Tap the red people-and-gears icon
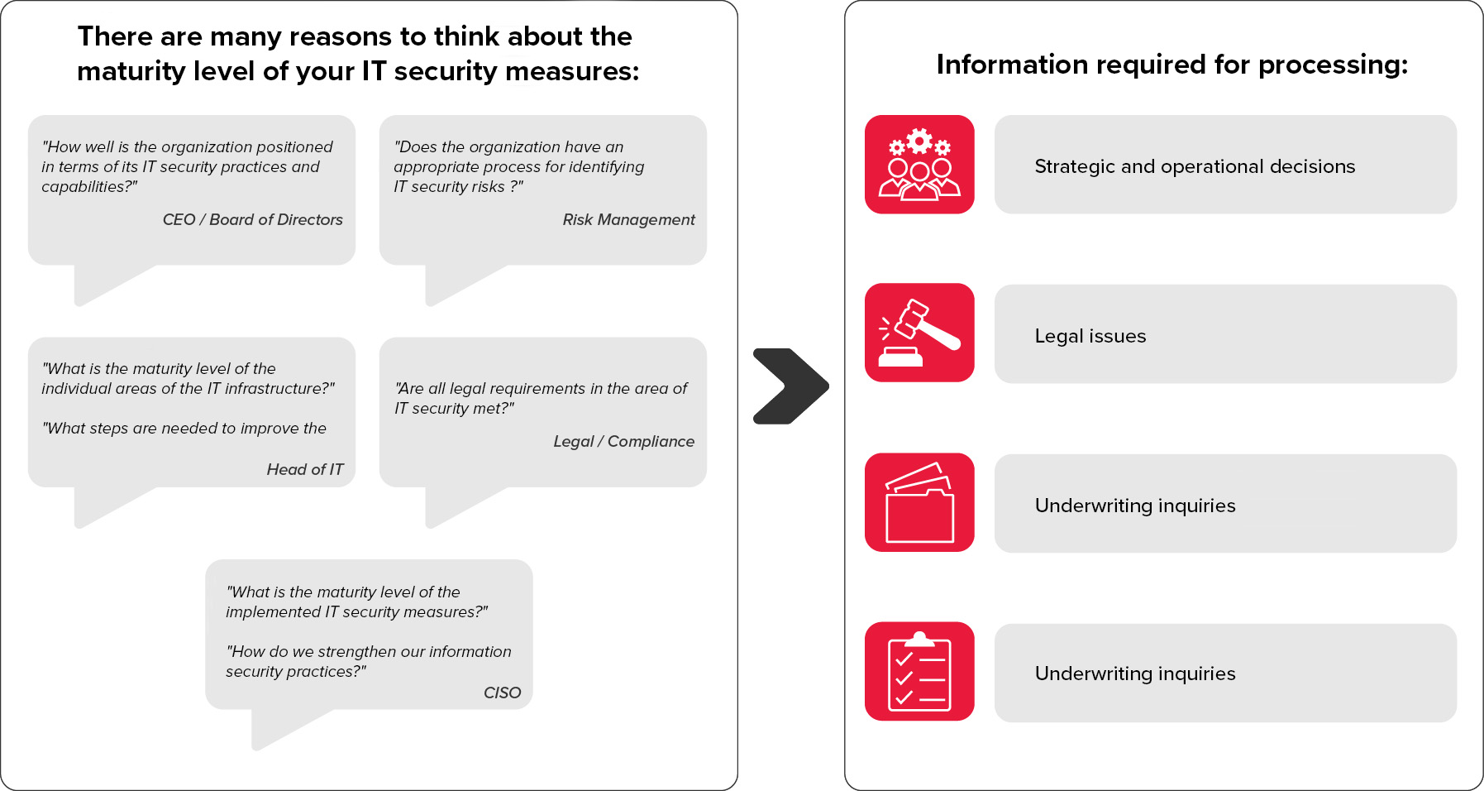[919, 165]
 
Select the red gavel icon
[919, 333]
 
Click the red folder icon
[919, 502]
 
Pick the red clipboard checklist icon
[919, 671]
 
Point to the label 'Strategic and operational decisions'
[1195, 166]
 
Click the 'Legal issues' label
[1090, 336]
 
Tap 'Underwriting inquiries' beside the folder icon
[1135, 506]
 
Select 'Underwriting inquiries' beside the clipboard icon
[1135, 674]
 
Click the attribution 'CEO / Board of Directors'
[253, 219]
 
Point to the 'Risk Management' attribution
[629, 219]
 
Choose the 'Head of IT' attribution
[305, 469]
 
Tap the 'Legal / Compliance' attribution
[624, 441]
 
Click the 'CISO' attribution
[503, 693]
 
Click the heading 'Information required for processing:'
[1172, 65]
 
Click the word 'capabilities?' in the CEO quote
[89, 187]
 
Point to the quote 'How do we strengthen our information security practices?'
[369, 661]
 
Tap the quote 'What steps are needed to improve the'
[184, 428]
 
